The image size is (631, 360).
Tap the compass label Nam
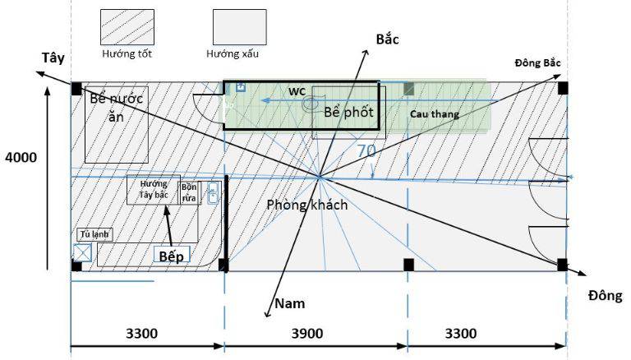point(289,303)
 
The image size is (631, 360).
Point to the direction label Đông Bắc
point(538,63)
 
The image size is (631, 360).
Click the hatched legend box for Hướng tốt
point(127,27)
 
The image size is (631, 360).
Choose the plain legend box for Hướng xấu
point(239,27)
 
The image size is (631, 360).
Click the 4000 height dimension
point(21,157)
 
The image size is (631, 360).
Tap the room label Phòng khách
point(306,205)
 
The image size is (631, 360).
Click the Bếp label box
point(173,256)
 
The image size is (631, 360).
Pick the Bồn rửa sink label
point(190,192)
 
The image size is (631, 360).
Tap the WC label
point(297,90)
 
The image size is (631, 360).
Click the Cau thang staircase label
point(435,113)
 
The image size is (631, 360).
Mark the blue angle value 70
point(366,151)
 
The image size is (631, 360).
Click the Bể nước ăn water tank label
point(116,107)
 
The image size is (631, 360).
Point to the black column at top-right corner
point(563,87)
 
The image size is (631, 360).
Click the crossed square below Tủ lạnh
point(82,252)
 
